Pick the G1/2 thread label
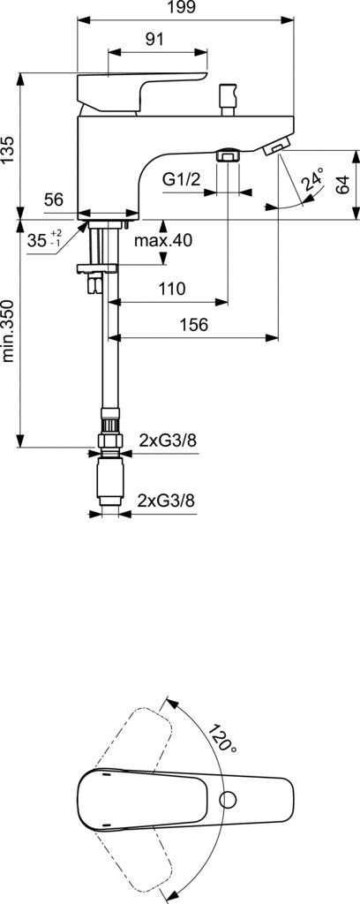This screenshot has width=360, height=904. click(181, 180)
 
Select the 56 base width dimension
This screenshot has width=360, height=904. click(54, 201)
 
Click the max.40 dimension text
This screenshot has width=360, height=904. click(163, 240)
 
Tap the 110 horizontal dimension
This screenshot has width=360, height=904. click(172, 289)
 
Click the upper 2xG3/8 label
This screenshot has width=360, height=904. click(168, 440)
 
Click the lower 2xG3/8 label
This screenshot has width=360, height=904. click(166, 500)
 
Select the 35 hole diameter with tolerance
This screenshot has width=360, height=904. click(42, 239)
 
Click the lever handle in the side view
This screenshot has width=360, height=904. click(115, 90)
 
